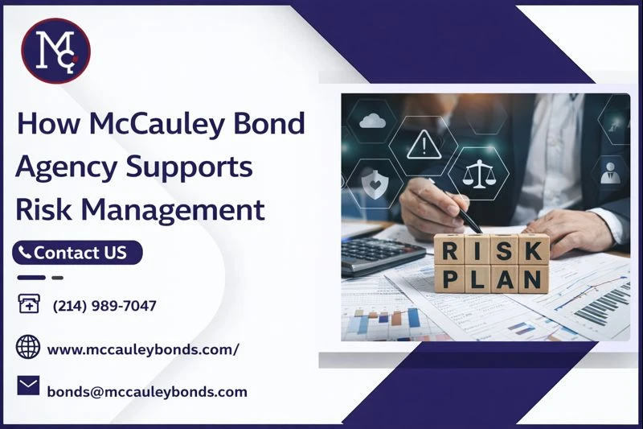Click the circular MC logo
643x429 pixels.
55,50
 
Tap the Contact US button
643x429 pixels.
77,253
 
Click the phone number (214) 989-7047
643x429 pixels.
104,306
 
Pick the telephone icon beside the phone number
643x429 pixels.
28,305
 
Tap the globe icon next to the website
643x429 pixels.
28,348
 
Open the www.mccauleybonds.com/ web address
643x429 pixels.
143,349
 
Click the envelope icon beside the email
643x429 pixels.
28,386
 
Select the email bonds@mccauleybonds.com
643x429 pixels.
147,392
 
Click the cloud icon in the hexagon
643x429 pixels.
373,122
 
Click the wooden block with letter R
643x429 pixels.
451,250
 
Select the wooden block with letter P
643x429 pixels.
451,278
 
